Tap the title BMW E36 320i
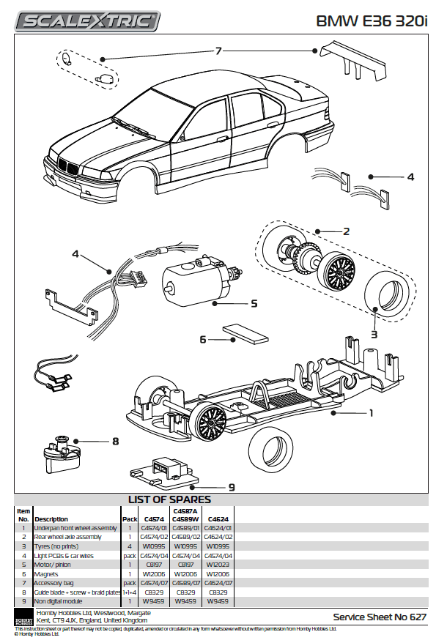[372, 21]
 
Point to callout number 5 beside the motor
[254, 302]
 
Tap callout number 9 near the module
[232, 486]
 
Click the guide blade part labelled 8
[58, 455]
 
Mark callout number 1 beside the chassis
[371, 413]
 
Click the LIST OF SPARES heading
[169, 499]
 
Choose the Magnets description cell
[47, 573]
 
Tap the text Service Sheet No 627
[379, 617]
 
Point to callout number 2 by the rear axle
[345, 231]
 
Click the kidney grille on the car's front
[68, 168]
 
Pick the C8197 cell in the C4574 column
[155, 565]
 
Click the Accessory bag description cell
[52, 583]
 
